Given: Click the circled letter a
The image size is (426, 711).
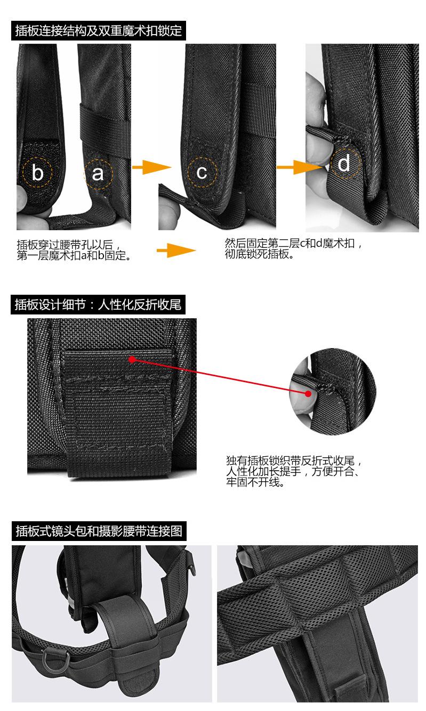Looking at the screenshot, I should [98, 173].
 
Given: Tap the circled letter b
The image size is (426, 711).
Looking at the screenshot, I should [38, 173].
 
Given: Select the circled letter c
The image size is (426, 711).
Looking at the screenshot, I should [202, 173].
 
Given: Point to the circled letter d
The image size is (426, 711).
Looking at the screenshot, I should [344, 163].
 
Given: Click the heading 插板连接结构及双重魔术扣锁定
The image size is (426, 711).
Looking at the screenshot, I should [98, 30].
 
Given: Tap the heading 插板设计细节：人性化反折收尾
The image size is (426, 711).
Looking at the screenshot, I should [98, 305].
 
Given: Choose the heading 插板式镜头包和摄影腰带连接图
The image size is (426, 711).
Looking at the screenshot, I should [99, 531].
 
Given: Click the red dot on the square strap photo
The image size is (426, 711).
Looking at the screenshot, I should [132, 360].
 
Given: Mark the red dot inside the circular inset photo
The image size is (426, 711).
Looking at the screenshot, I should [309, 393].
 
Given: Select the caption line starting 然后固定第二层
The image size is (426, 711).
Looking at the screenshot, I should [294, 244].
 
